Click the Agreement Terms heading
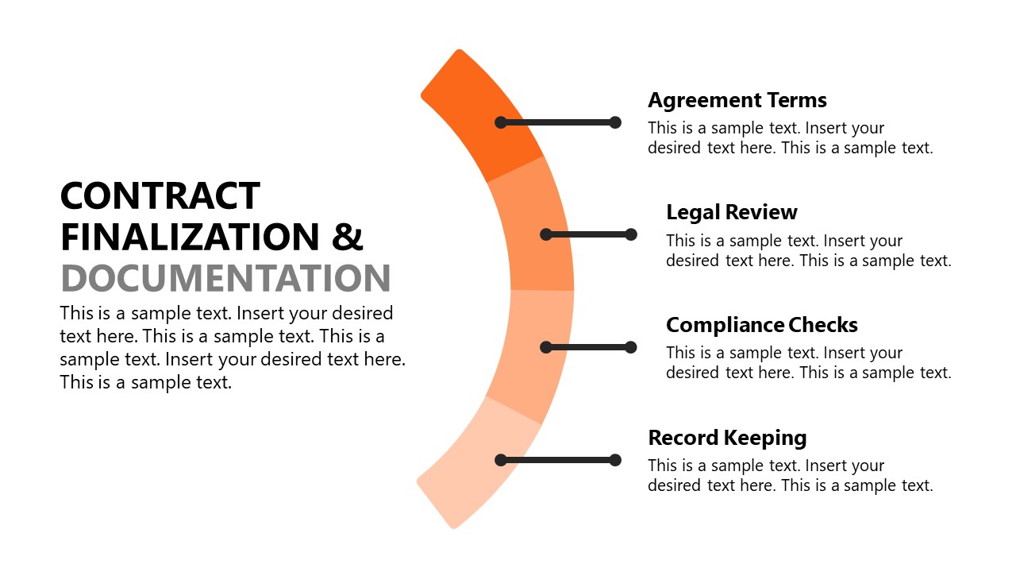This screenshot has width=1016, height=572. point(737,100)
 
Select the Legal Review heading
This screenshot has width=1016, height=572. point(731,212)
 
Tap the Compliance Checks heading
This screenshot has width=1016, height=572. point(761,325)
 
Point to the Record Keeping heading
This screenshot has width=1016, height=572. point(727,438)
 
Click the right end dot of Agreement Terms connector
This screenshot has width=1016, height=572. point(615,122)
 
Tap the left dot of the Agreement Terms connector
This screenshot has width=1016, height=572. point(501,122)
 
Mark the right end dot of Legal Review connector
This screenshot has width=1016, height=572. point(631,234)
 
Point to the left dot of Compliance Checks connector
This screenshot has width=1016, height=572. point(546,347)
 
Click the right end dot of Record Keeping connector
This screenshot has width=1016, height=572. point(615,460)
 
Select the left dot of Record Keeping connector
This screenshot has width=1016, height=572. point(501,460)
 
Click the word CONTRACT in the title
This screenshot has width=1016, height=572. point(160,196)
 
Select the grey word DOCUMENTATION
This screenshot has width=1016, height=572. point(225,278)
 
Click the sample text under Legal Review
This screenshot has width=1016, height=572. point(808,250)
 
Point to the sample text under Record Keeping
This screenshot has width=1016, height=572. point(790,475)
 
